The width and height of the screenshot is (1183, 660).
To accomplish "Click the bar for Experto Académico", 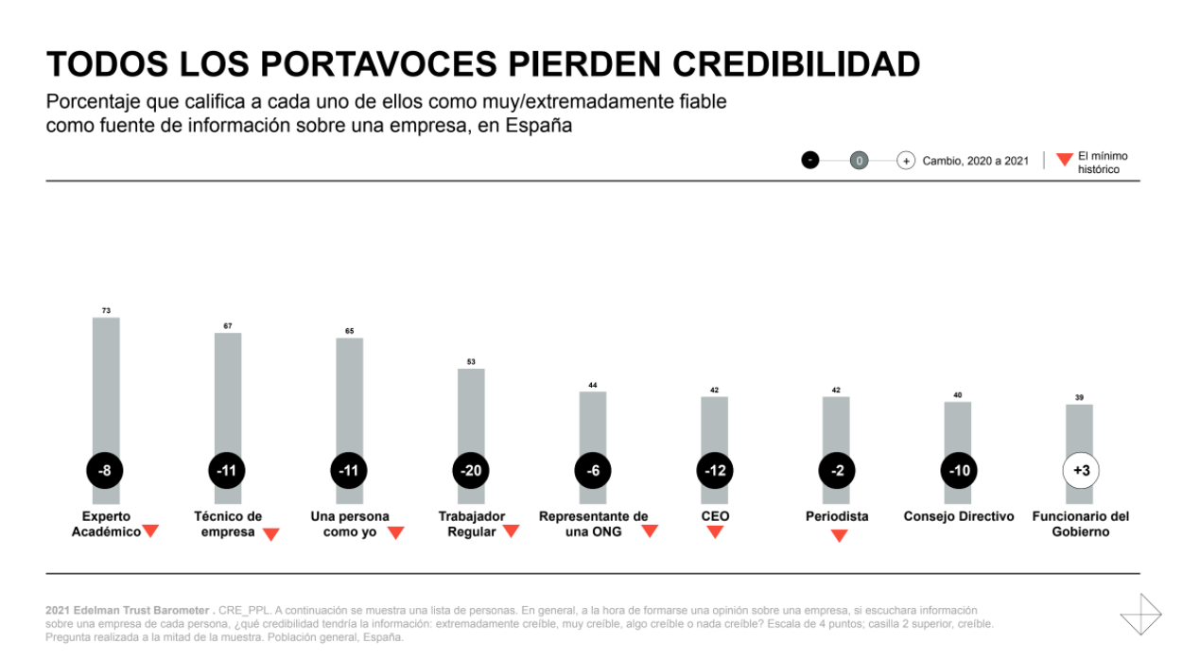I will [x=106, y=388].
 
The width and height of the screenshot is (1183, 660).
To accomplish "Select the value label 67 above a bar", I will [x=228, y=326].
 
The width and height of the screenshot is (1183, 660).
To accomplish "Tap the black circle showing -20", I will [x=470, y=470].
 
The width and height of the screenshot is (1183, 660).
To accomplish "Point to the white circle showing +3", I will [x=1081, y=470].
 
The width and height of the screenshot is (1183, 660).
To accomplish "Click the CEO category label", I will [x=715, y=516].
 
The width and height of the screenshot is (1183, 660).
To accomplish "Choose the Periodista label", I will [x=837, y=516].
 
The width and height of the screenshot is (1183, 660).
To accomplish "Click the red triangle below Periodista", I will [x=838, y=536].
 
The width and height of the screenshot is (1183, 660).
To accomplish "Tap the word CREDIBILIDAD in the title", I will [x=796, y=64].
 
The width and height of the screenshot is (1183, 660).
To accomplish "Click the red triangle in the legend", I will [x=1064, y=160].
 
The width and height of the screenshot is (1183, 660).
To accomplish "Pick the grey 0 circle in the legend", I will [x=859, y=161].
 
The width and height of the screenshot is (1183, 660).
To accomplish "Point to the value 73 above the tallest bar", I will [x=106, y=310].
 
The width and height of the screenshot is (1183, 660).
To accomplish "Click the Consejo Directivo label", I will [x=959, y=516].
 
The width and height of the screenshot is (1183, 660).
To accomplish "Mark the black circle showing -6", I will [x=593, y=470].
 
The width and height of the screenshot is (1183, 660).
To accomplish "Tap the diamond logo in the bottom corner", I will [x=1140, y=615].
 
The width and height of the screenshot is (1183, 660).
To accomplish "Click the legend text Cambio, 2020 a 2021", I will [x=976, y=161].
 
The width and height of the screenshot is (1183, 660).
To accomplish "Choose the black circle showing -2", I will [x=837, y=470].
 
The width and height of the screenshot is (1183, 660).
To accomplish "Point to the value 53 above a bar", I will [x=471, y=361].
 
